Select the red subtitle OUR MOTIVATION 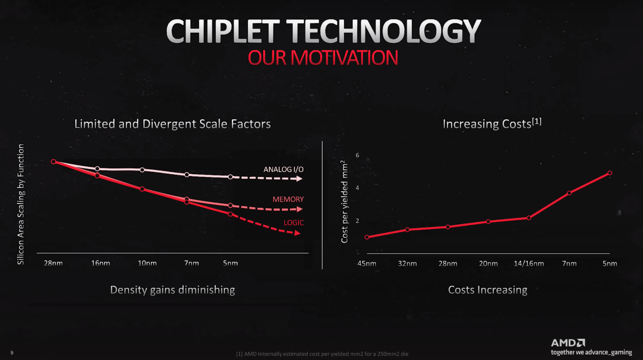click(323, 58)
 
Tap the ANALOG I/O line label click(283, 169)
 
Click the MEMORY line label click(288, 199)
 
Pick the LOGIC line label click(293, 223)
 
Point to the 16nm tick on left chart click(100, 263)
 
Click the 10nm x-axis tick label click(147, 263)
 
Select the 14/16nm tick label click(529, 263)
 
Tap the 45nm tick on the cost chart click(367, 263)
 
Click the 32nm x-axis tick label click(407, 263)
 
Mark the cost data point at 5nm click(610, 173)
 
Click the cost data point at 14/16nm click(529, 218)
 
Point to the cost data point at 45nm click(367, 237)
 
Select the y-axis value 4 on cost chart click(357, 188)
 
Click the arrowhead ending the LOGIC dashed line click(298, 233)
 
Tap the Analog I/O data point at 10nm click(142, 170)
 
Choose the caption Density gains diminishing click(173, 290)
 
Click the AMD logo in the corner click(568, 343)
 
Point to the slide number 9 click(12, 353)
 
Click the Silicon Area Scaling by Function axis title click(21, 204)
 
